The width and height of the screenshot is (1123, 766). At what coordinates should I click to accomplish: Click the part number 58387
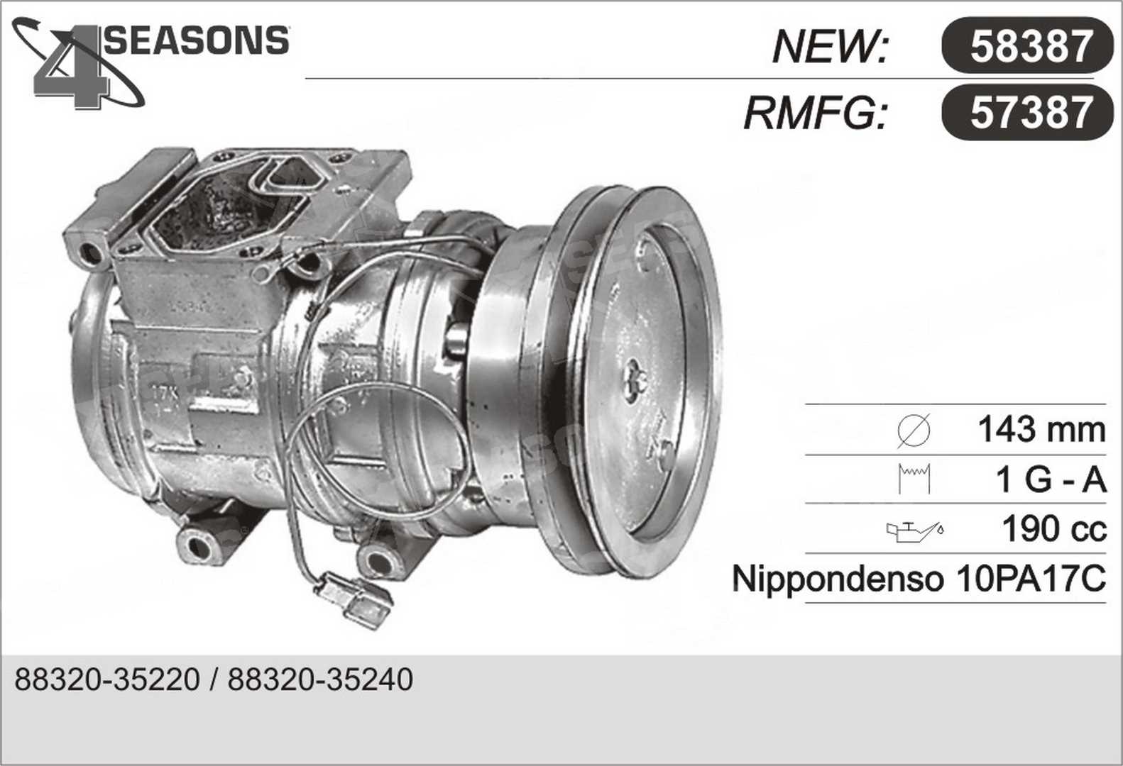pos(1031,46)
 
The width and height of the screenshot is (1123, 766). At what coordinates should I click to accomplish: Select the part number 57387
pos(1031,113)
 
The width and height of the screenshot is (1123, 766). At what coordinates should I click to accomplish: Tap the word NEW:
pos(830,47)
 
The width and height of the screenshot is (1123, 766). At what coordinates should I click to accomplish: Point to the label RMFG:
pos(815,113)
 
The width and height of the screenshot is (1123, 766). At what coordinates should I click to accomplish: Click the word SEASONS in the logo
pos(196,40)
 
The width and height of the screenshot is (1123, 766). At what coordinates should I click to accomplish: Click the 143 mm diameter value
pos(1041,429)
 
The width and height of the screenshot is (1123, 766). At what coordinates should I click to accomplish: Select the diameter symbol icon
pos(914,431)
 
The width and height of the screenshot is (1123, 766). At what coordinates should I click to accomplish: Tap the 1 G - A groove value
pos(1051,479)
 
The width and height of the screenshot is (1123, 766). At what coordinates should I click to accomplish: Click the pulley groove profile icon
pos(914,479)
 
